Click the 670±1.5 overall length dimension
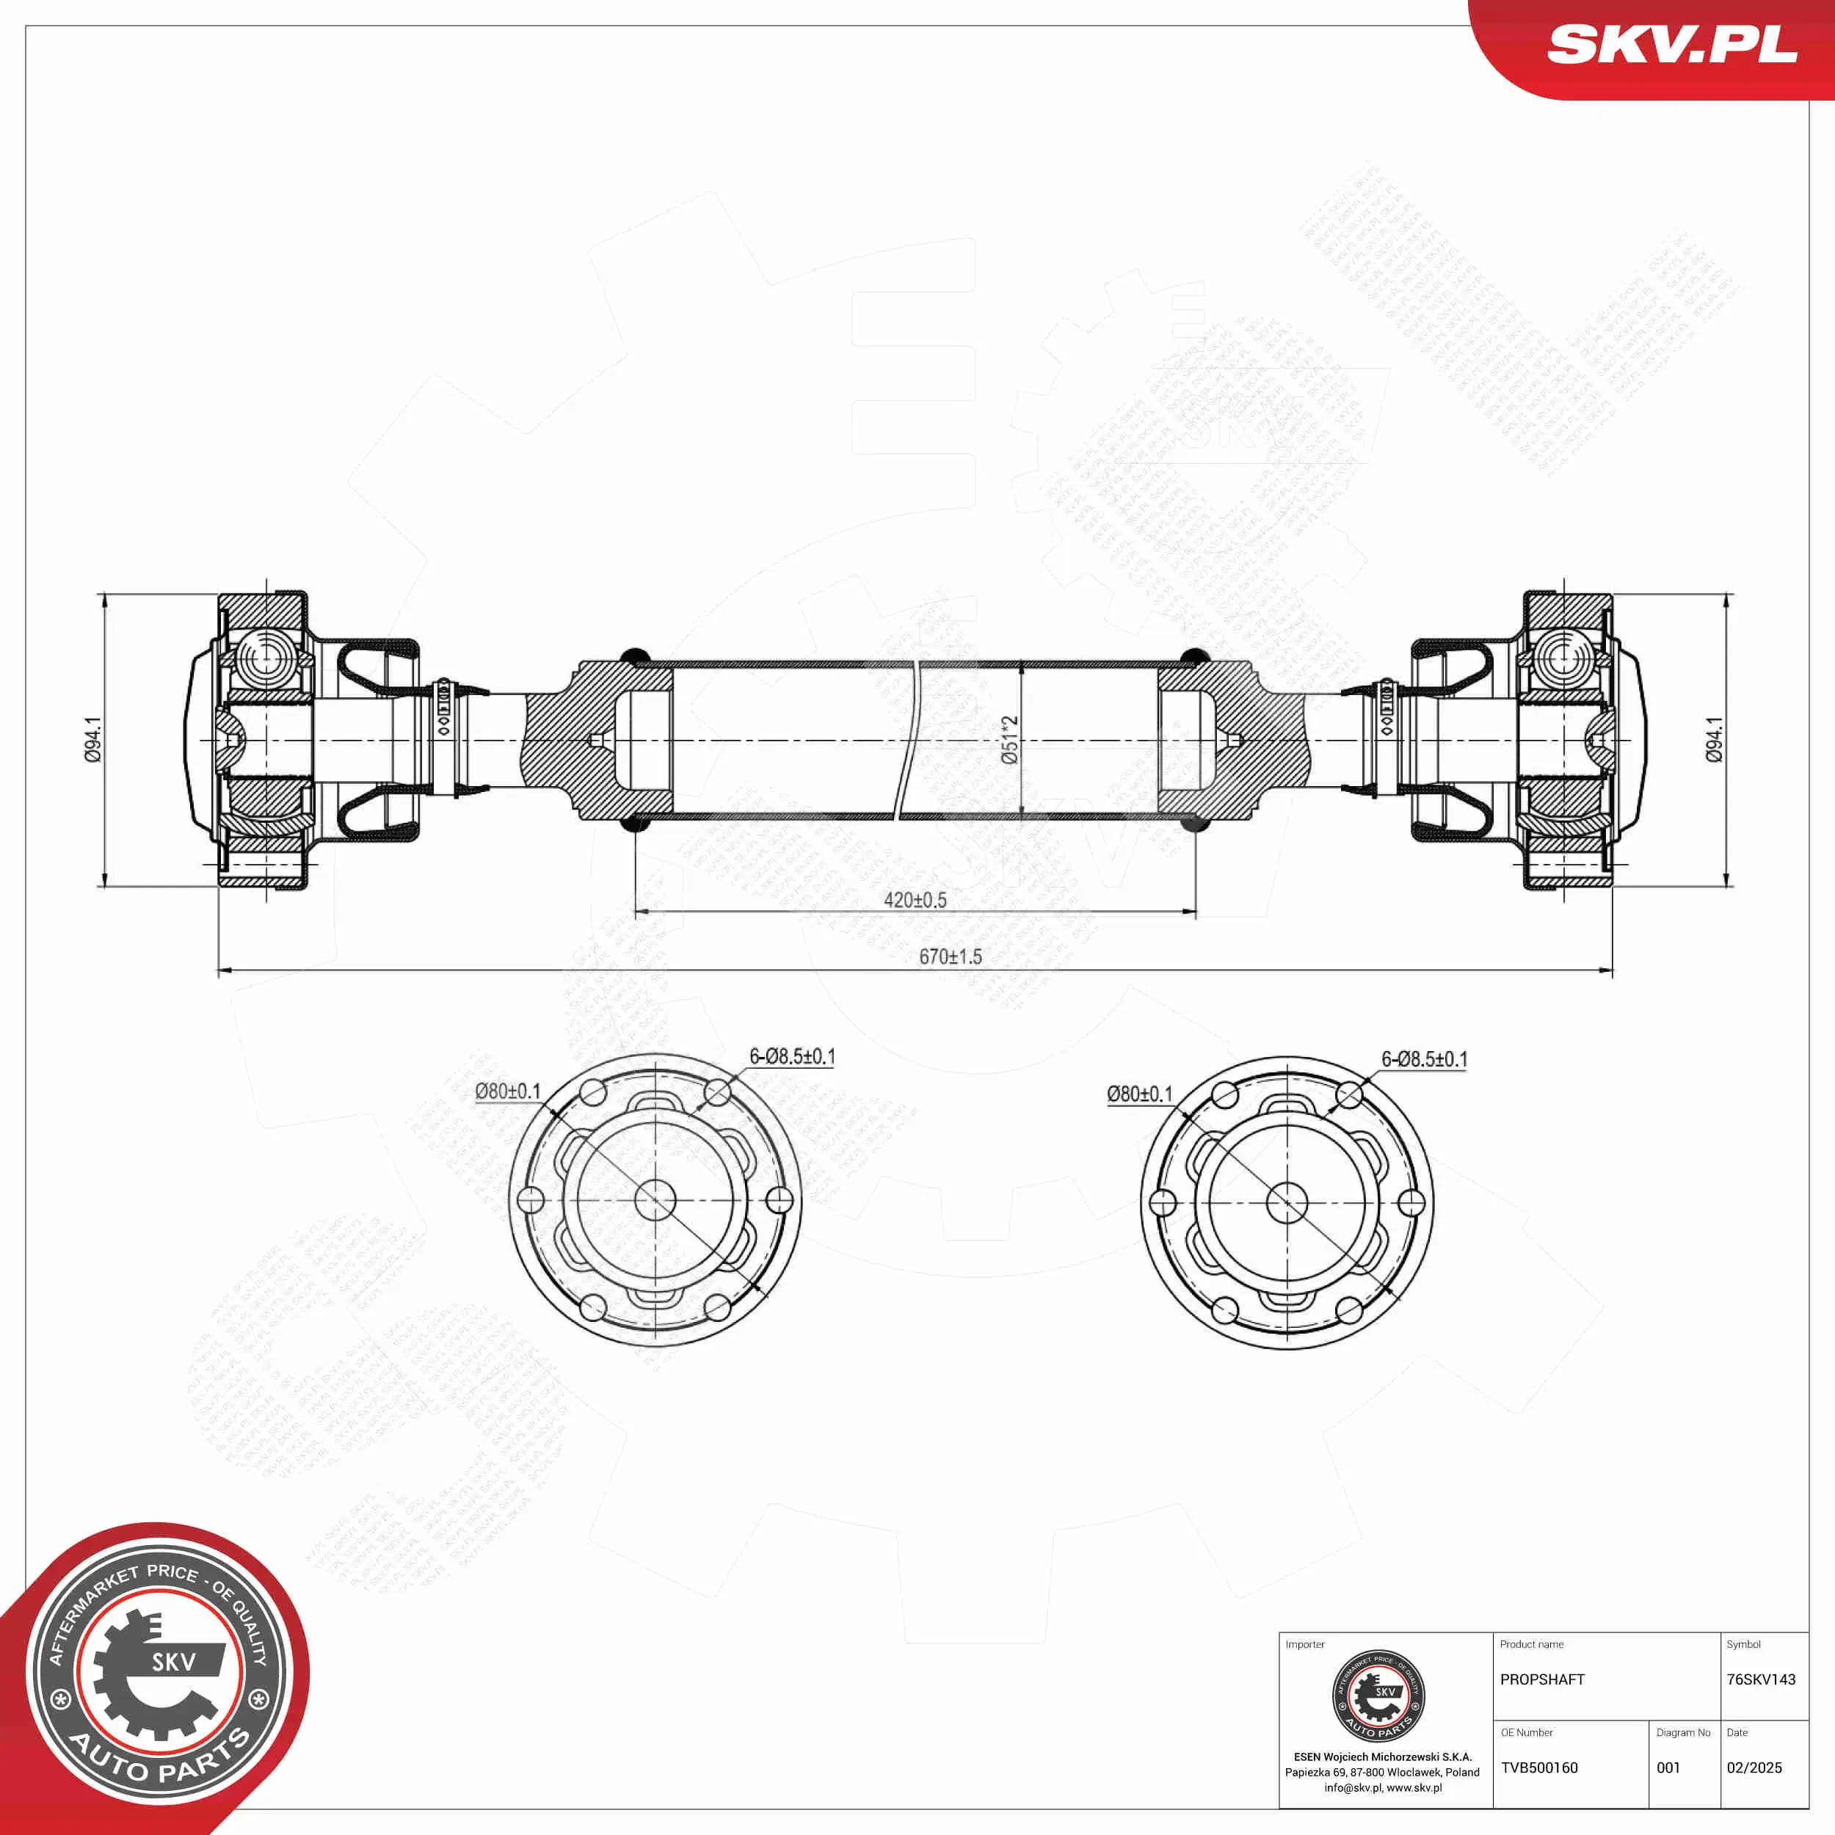[x=950, y=956]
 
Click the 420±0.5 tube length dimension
[x=915, y=899]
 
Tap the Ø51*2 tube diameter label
[x=1010, y=740]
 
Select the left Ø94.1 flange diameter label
[x=93, y=740]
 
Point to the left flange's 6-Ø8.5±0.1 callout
[x=791, y=1056]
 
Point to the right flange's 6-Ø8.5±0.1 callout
[x=1424, y=1059]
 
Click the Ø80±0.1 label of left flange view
[x=508, y=1091]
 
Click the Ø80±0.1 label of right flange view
[x=1140, y=1094]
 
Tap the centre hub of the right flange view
[x=1287, y=1202]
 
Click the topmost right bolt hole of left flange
[x=717, y=1092]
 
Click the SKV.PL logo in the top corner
[x=1671, y=45]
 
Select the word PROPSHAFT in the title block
[x=1542, y=1679]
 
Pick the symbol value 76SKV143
[x=1761, y=1679]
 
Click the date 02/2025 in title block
[x=1754, y=1767]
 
